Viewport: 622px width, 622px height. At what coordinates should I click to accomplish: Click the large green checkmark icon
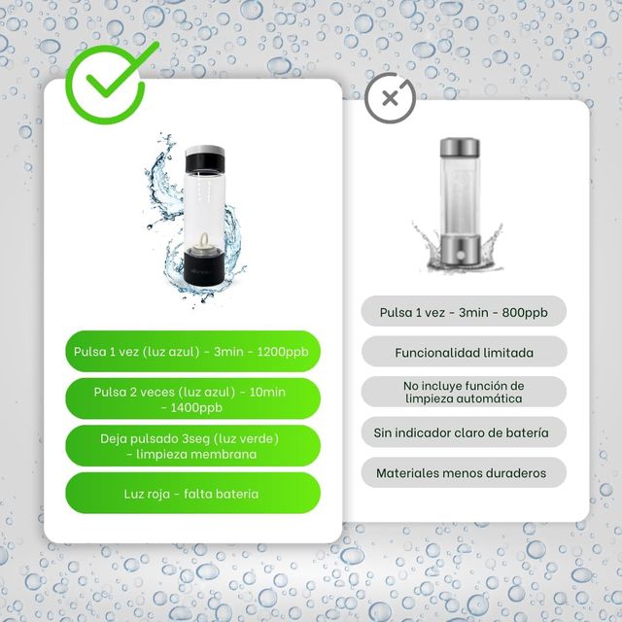[110, 77]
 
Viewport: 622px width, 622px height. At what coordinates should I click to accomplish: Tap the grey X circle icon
[390, 98]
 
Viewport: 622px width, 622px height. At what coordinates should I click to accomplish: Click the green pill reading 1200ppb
[192, 351]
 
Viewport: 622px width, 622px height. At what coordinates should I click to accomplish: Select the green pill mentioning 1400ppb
[192, 398]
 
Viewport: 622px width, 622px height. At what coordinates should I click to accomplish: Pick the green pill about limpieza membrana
[192, 446]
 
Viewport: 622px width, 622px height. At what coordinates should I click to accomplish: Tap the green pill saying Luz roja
[192, 494]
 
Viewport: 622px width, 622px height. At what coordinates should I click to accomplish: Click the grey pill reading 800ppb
[464, 312]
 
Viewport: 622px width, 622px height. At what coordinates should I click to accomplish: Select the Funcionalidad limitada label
[464, 352]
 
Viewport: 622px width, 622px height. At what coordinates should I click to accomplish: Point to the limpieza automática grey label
[464, 392]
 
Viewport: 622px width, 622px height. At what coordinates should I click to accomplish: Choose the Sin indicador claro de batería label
[464, 432]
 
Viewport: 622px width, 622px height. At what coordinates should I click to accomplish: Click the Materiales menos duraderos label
[464, 473]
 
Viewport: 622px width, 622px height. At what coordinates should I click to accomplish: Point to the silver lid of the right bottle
[459, 148]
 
